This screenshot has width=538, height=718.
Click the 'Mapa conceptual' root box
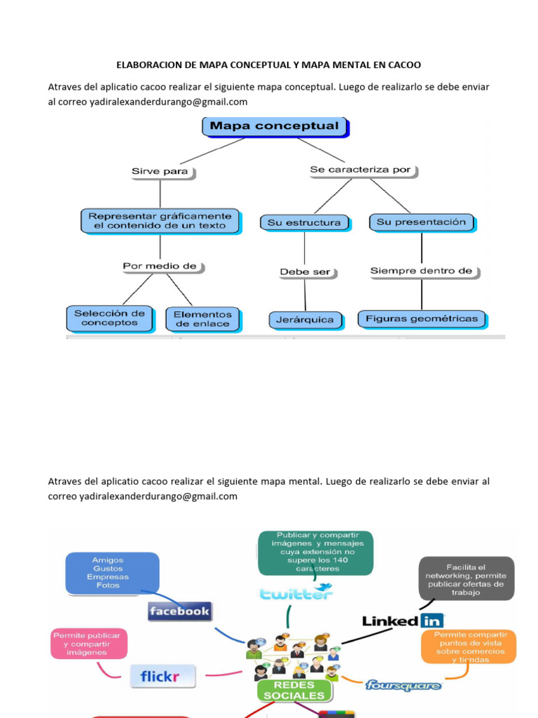[275, 127]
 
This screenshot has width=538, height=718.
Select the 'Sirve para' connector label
[160, 171]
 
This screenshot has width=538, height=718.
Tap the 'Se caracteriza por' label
[360, 170]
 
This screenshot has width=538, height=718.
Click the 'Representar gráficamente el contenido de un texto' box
[160, 221]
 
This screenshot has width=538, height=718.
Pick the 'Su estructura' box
[304, 222]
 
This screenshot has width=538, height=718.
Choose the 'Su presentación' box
[421, 222]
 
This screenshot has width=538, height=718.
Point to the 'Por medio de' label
[160, 266]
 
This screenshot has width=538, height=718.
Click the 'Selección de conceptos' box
[109, 318]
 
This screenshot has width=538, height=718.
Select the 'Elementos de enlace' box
[202, 319]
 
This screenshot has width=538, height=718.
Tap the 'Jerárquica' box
[305, 320]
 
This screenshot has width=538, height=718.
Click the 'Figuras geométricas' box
[422, 318]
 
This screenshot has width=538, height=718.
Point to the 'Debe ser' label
[305, 272]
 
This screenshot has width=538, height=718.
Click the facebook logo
[179, 611]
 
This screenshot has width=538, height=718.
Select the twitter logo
[296, 593]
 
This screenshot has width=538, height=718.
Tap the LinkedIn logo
[403, 621]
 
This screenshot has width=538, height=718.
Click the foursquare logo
[403, 685]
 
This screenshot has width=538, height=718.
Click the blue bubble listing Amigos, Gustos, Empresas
[112, 573]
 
